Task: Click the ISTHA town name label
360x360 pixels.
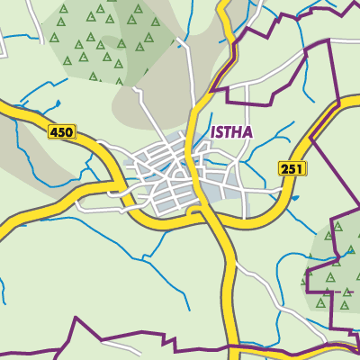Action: point(231,132)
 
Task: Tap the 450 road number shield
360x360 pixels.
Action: point(62,132)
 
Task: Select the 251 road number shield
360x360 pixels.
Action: point(292,168)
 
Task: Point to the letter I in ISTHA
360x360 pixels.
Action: point(212,132)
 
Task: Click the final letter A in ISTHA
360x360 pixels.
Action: point(247,132)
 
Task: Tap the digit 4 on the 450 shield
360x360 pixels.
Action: point(56,132)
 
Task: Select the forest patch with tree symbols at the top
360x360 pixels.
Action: point(99,40)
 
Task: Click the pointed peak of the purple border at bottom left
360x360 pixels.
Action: point(77,319)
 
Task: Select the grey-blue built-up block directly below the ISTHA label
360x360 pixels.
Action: point(220,184)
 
